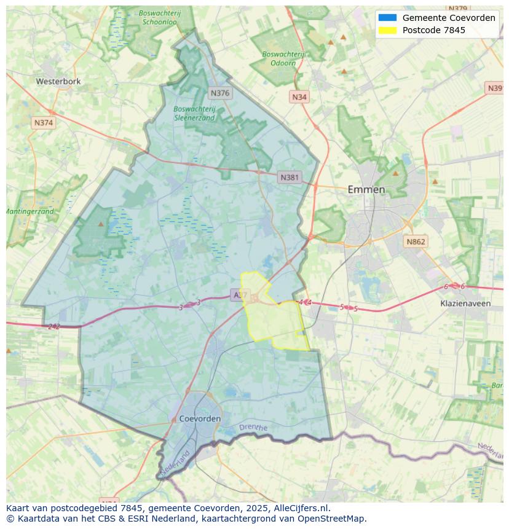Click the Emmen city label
[x=366, y=189]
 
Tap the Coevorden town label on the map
[x=200, y=418]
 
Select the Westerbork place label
[x=58, y=81]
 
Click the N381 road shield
[x=290, y=178]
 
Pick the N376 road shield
[x=219, y=93]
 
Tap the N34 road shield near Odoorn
[x=299, y=97]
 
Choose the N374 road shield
[x=44, y=123]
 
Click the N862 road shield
[x=415, y=241]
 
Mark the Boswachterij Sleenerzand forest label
[x=194, y=113]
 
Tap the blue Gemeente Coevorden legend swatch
[x=388, y=18]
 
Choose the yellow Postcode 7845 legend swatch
[x=388, y=30]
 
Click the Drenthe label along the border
[x=253, y=427]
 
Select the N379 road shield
[x=457, y=9]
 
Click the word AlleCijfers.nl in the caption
[x=301, y=508]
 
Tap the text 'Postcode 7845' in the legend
[x=433, y=30]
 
